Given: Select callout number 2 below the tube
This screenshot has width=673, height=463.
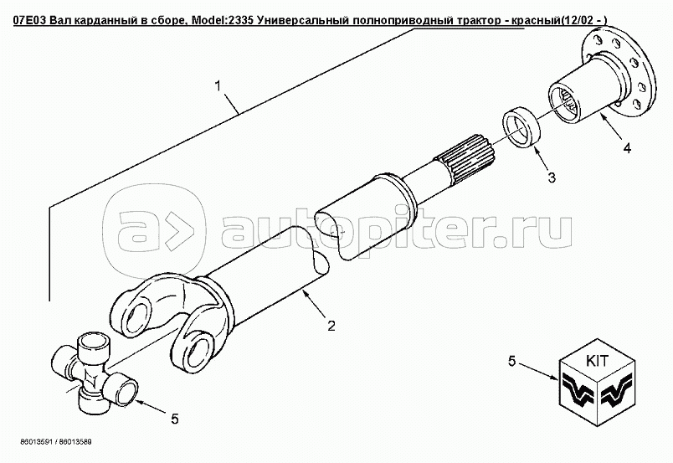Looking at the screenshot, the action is pos(331,326).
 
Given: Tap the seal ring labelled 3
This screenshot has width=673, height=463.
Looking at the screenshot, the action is pos(522,127).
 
